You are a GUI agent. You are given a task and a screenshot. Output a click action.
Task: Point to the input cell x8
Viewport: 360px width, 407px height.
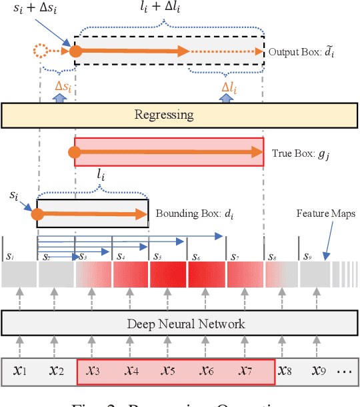point(285,371)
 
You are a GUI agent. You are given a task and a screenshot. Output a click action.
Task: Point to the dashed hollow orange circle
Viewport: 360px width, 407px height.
point(41,51)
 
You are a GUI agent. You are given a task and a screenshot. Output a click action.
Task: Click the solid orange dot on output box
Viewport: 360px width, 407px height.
point(75,51)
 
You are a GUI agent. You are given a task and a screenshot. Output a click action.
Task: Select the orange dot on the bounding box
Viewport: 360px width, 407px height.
point(38,214)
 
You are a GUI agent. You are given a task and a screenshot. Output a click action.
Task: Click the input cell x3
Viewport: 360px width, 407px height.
point(93,371)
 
